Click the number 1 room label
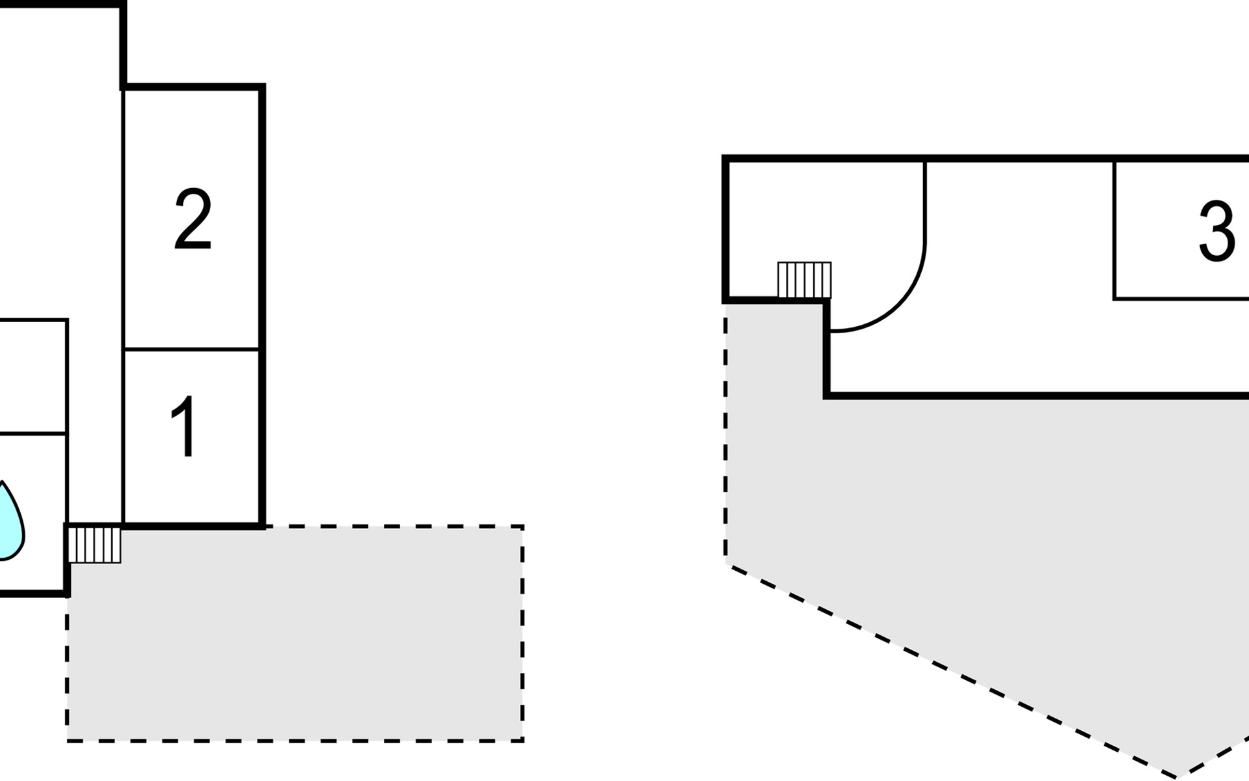[x=184, y=426]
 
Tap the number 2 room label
[x=193, y=219]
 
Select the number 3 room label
[x=1216, y=231]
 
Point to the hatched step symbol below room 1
[x=94, y=545]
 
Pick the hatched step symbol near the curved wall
[x=805, y=280]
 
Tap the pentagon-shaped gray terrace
[x=1015, y=553]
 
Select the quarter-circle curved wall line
[x=901, y=302]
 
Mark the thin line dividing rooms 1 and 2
[x=192, y=349]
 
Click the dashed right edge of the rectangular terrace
[x=522, y=633]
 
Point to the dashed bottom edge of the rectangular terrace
[x=295, y=740]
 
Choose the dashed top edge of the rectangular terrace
[x=394, y=526]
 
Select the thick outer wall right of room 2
[x=262, y=306]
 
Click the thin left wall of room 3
[x=1114, y=230]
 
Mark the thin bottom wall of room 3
[x=1181, y=299]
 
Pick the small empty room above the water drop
[x=33, y=376]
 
